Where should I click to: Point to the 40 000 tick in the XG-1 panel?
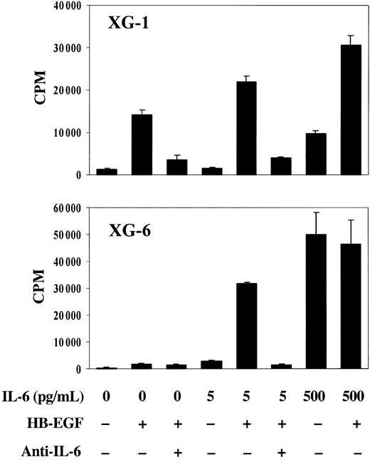pos(60,6)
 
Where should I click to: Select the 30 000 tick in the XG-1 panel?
pos(60,48)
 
